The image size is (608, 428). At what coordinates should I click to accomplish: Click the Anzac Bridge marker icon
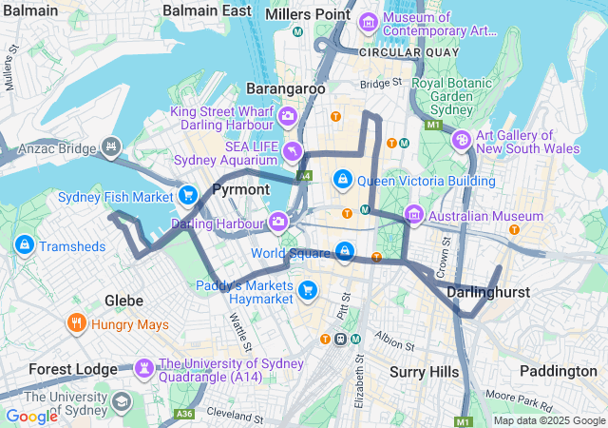112,147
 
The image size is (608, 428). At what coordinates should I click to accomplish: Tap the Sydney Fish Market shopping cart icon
188,196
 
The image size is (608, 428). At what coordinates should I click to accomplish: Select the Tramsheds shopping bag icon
25,245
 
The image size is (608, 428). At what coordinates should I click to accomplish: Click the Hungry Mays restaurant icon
77,323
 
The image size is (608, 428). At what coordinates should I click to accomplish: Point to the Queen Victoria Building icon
343,180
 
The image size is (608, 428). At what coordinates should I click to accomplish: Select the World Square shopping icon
346,253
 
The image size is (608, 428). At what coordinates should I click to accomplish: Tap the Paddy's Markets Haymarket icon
307,290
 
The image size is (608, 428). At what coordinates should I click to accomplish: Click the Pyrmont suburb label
240,189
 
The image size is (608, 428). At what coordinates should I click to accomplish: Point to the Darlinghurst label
487,292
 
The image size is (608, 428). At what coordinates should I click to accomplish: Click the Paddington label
559,371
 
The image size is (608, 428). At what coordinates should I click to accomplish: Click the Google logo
31,416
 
